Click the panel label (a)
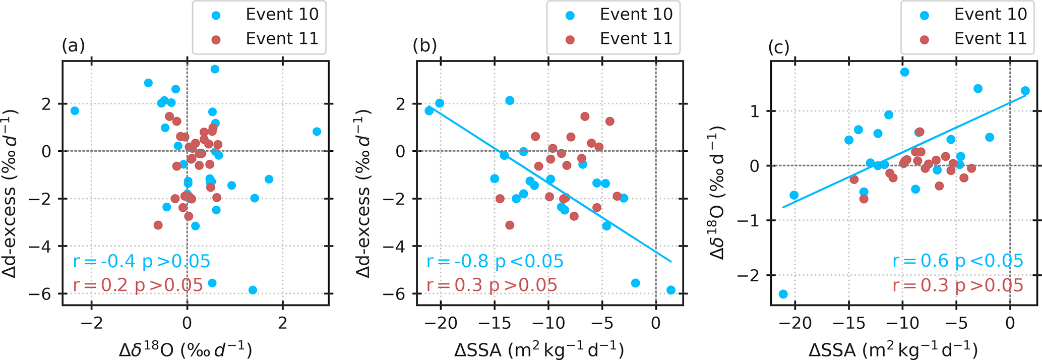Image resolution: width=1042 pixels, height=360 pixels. [73, 46]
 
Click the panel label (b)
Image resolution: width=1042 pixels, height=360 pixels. [425, 46]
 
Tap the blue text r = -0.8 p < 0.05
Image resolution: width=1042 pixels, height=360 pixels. [495, 261]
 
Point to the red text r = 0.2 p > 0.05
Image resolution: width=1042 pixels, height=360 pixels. [138, 285]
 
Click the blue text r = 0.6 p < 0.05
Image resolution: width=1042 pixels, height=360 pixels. [958, 261]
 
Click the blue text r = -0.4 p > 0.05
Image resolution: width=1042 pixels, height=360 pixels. [141, 261]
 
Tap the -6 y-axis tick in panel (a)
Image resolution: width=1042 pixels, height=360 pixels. [46, 294]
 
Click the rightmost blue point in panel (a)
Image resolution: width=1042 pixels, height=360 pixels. [317, 132]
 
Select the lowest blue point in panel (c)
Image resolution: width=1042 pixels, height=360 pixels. [783, 294]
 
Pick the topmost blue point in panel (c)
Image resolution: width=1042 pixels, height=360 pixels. [904, 72]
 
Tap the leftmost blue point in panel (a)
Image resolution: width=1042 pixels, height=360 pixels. [75, 110]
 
